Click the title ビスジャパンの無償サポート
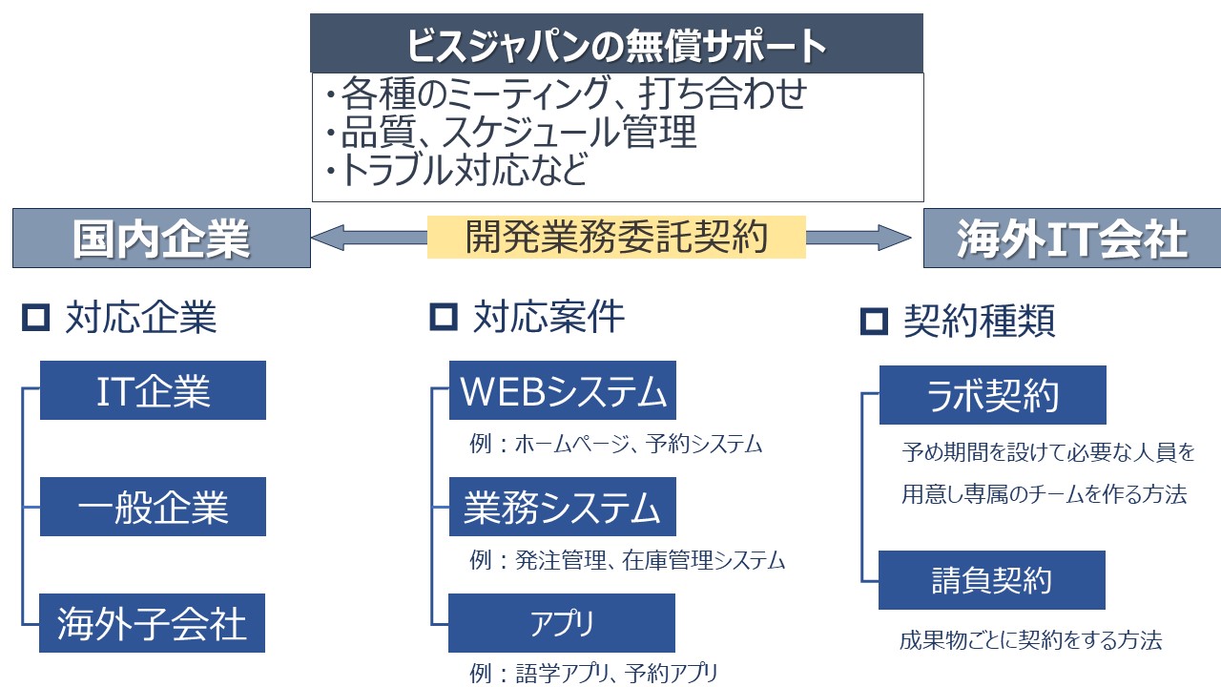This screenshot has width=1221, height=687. tap(616, 44)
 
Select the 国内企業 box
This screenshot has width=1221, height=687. tap(161, 239)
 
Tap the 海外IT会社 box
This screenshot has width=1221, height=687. tap(1071, 239)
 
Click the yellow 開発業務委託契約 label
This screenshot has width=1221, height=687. tap(616, 238)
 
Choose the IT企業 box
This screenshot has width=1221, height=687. tap(153, 390)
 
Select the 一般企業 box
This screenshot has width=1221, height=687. tap(153, 507)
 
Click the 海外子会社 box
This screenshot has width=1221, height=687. tap(153, 623)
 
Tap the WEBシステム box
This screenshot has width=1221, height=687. tap(563, 390)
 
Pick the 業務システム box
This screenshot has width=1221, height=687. tap(563, 507)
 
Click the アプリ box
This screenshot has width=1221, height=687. tap(563, 623)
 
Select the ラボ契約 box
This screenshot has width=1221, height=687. tap(992, 395)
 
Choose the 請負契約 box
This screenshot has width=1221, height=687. tap(992, 580)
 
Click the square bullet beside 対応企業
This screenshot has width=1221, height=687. tap(35, 318)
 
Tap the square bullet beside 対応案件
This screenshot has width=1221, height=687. tap(444, 318)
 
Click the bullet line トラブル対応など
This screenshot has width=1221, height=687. tap(455, 171)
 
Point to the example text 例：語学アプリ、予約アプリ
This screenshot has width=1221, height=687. tap(593, 674)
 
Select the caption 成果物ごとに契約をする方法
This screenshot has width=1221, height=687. tap(1030, 640)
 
